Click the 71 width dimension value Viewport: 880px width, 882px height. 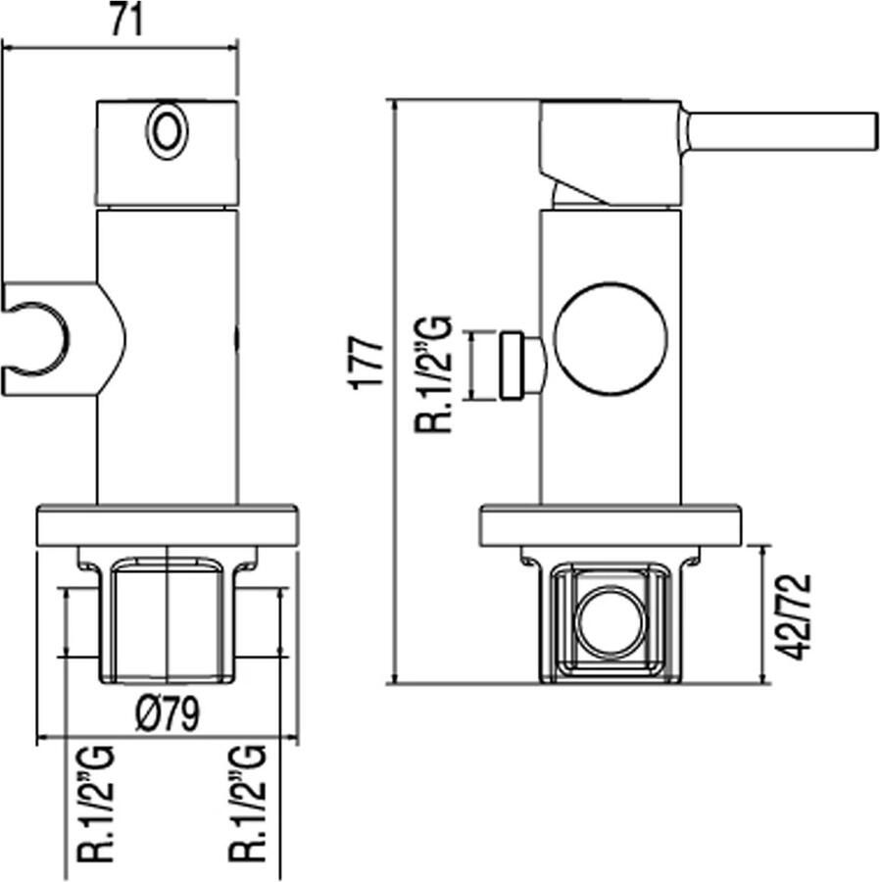tap(127, 22)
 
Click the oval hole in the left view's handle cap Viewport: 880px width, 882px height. tap(167, 132)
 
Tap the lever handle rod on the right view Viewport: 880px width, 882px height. tap(779, 131)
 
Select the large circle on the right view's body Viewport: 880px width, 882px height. tap(611, 338)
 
